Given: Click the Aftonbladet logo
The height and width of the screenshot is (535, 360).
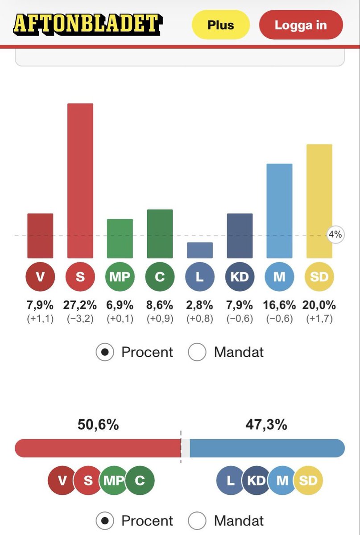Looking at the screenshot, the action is [x=88, y=25].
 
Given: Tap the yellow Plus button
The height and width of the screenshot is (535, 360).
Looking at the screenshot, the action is [x=221, y=25].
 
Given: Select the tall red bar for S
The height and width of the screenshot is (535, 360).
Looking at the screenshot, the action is [x=80, y=181].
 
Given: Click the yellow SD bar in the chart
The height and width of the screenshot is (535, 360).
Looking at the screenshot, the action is [x=319, y=201].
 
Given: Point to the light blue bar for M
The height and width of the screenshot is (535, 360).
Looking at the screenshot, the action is [x=279, y=211].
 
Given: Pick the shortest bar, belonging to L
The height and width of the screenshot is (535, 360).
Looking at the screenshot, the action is [x=200, y=250].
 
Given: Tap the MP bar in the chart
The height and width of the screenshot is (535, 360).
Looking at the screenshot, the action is [x=120, y=239].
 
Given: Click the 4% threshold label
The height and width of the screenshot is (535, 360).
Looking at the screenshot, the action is [x=335, y=235].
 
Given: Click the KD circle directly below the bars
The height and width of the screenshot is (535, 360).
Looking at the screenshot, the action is [x=240, y=276].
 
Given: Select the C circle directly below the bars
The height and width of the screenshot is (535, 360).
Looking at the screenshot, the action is [x=160, y=276].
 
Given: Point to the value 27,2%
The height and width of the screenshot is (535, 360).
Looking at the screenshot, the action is [x=80, y=305].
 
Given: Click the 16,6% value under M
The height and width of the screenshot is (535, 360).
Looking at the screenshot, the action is [x=279, y=305].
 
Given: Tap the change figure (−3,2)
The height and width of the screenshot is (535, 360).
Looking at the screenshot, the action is [x=80, y=319].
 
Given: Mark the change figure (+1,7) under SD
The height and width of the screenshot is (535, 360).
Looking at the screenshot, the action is [x=319, y=319].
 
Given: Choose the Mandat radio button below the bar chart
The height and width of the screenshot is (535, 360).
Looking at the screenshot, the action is [x=197, y=352].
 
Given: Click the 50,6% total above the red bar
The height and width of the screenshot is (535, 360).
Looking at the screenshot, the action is [x=98, y=425].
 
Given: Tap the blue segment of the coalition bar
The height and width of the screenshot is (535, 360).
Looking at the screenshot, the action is [x=267, y=448].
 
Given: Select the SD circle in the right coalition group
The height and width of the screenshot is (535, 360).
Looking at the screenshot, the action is [x=308, y=480].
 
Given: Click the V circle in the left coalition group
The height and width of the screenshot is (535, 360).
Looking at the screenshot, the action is [x=62, y=480].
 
